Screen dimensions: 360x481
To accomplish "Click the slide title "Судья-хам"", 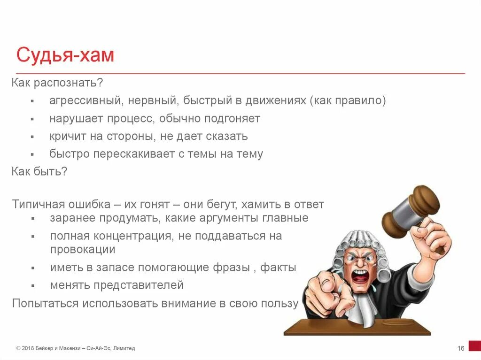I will coord(65,55).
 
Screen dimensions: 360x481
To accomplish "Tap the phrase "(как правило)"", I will coord(348,101).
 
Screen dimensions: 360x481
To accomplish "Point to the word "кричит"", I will coord(66,137).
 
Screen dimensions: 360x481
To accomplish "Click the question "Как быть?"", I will coord(39,171).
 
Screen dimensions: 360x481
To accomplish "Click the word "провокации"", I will coord(83,249).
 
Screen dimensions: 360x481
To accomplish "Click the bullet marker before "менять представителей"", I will coord(32,285).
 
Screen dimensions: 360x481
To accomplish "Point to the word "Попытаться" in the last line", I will coord(46,303).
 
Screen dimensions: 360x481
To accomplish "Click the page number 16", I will coord(460,348).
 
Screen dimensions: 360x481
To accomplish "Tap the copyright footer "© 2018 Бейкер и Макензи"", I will coord(49,348).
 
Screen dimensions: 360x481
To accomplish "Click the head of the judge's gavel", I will coord(411,207).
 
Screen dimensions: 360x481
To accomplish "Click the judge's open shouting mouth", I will coord(361,275).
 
